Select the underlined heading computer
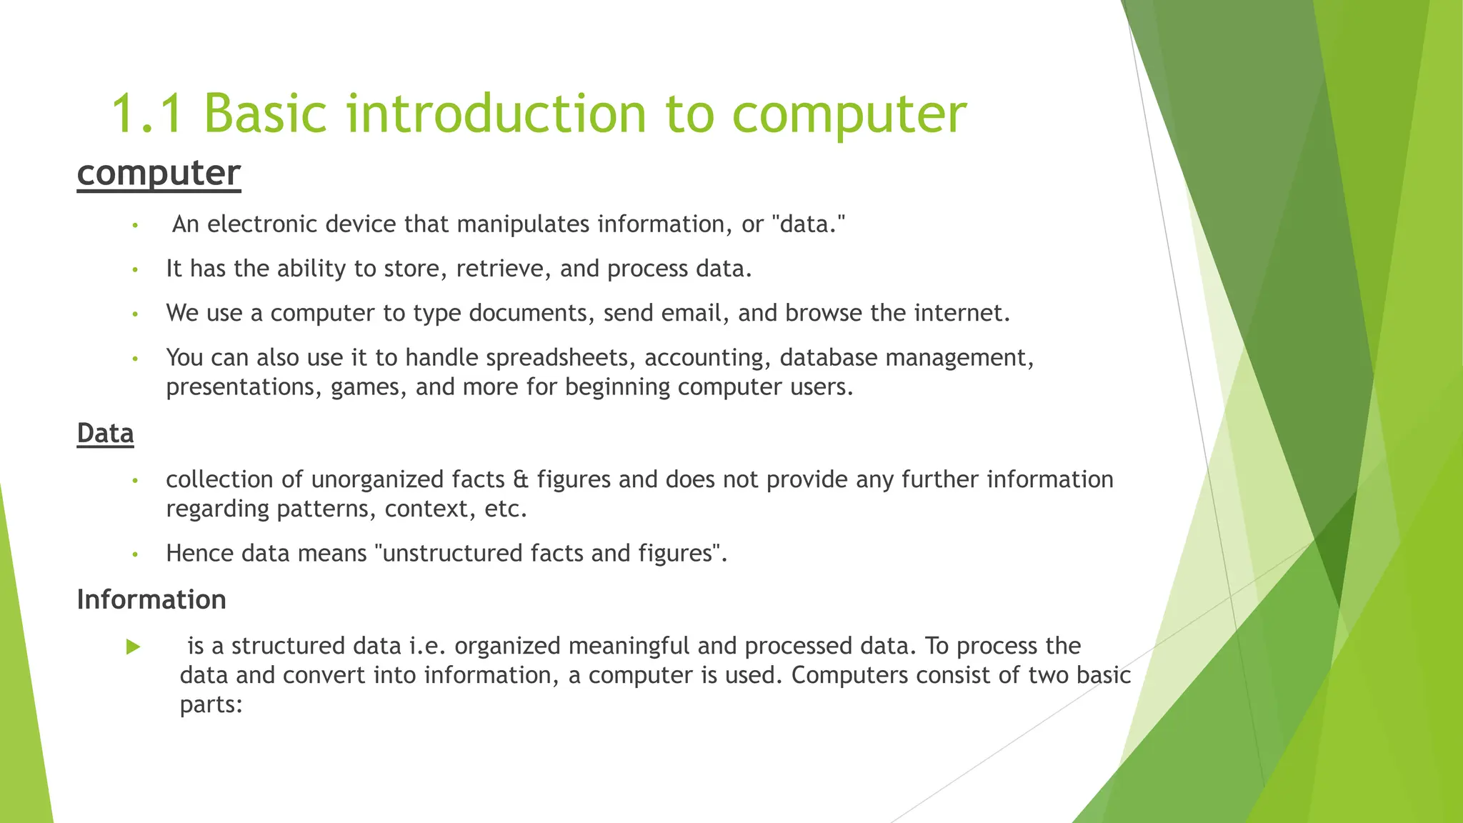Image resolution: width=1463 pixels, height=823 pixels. click(159, 174)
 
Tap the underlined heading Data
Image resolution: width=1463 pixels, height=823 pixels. click(105, 434)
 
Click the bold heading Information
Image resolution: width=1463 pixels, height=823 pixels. click(151, 599)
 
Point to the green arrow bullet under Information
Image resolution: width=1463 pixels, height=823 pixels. click(133, 647)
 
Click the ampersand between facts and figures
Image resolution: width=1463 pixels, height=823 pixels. click(521, 479)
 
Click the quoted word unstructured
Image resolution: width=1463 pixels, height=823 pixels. click(451, 554)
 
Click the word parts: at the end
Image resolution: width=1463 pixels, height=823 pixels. click(211, 705)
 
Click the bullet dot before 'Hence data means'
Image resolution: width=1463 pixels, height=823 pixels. click(134, 554)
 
